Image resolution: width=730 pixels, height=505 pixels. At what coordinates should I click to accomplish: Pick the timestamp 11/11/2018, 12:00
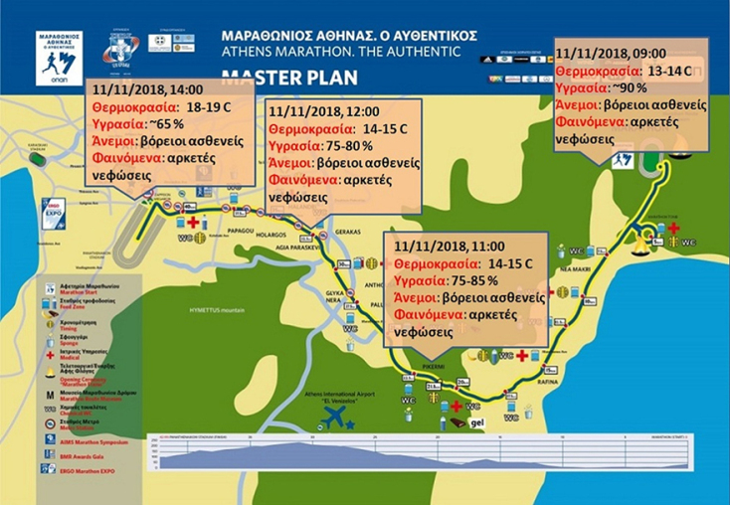click(x=314, y=111)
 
